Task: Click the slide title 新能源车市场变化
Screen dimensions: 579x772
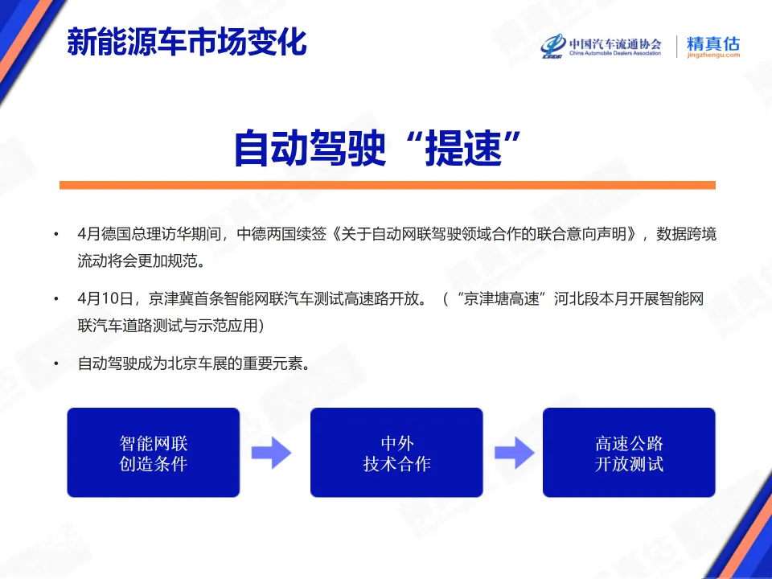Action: [x=187, y=42]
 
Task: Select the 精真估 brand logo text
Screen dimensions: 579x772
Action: [x=712, y=43]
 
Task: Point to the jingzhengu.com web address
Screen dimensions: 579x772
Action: [x=712, y=56]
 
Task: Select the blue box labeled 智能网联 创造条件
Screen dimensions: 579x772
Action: [x=153, y=453]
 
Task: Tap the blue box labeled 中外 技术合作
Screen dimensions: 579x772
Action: [x=396, y=453]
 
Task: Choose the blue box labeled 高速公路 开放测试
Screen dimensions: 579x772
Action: [x=629, y=453]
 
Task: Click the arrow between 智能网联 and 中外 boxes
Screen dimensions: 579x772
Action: [x=271, y=453]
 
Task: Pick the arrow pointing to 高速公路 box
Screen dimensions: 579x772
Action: [x=514, y=453]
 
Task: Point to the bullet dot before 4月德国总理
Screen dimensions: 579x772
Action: [x=56, y=236]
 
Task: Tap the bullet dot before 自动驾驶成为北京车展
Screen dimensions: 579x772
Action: [x=56, y=364]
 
